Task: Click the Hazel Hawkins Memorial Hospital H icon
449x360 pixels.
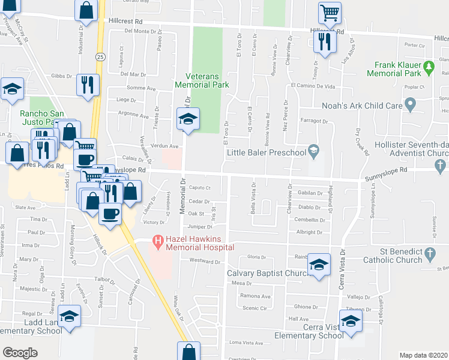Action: (x=158, y=242)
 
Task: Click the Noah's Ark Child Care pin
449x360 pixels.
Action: (x=411, y=106)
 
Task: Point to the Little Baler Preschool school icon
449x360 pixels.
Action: (x=313, y=149)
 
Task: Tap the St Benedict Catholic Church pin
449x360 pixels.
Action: (x=430, y=255)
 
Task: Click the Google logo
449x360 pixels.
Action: (x=20, y=352)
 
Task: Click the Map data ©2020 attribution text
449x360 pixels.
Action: (x=424, y=355)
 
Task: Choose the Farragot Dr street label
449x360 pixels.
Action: (x=314, y=121)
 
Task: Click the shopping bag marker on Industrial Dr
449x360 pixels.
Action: (x=86, y=10)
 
